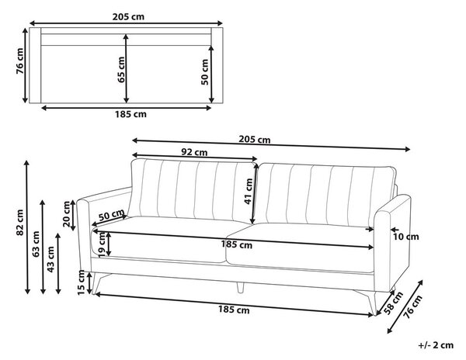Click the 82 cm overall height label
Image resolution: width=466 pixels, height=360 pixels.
(x=20, y=223)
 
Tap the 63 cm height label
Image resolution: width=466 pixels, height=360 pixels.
(x=36, y=244)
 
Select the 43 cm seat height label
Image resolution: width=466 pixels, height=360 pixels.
(x=50, y=259)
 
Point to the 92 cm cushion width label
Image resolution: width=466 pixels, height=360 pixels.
(x=194, y=152)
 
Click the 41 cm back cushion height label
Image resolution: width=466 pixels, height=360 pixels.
(x=249, y=192)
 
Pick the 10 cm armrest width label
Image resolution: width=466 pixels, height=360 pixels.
(x=406, y=237)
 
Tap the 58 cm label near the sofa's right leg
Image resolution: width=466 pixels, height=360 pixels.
(x=394, y=303)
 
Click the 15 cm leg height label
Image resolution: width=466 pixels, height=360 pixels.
(x=82, y=282)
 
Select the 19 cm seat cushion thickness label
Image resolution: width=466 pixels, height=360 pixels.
(x=102, y=244)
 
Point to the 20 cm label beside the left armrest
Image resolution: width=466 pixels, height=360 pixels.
(x=67, y=214)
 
